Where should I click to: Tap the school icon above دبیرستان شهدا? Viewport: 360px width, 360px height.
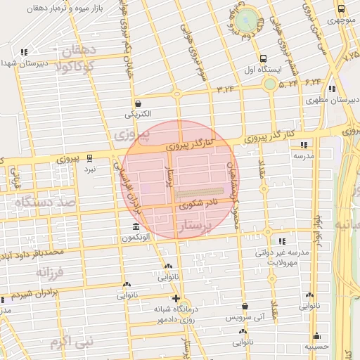coord(25,52)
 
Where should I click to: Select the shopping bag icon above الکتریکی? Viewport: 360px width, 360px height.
coord(138,103)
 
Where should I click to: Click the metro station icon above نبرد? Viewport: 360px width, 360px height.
coord(89,158)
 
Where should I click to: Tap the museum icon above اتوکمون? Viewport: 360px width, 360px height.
coord(136,226)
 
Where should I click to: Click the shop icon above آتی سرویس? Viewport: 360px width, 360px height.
coord(244,307)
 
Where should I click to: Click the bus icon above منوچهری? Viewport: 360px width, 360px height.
coord(341,9)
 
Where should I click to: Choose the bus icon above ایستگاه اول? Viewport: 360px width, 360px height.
coord(263,59)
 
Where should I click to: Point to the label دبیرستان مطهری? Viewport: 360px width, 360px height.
coord(333,100)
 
